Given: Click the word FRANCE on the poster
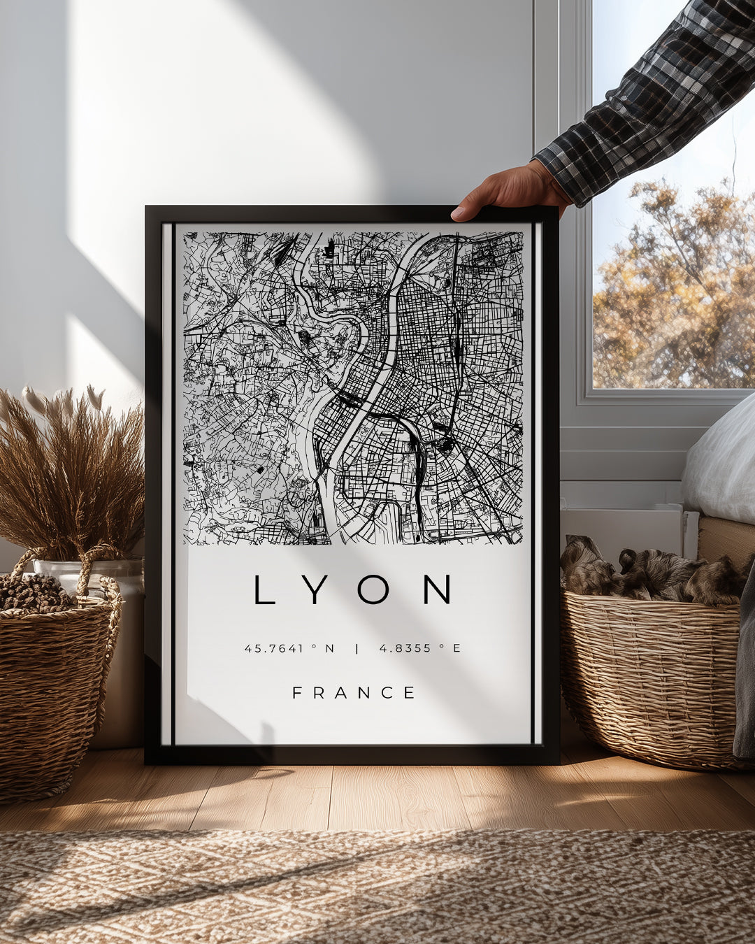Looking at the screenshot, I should [354, 693].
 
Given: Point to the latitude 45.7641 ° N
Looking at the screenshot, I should [289, 648].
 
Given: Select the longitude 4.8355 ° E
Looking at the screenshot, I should [420, 648].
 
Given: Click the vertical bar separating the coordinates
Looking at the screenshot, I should [357, 648].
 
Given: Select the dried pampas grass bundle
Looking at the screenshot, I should [70, 469].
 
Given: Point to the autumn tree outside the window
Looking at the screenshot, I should [671, 294].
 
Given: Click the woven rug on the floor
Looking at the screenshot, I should [377, 888].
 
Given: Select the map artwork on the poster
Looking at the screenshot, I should [353, 388].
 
